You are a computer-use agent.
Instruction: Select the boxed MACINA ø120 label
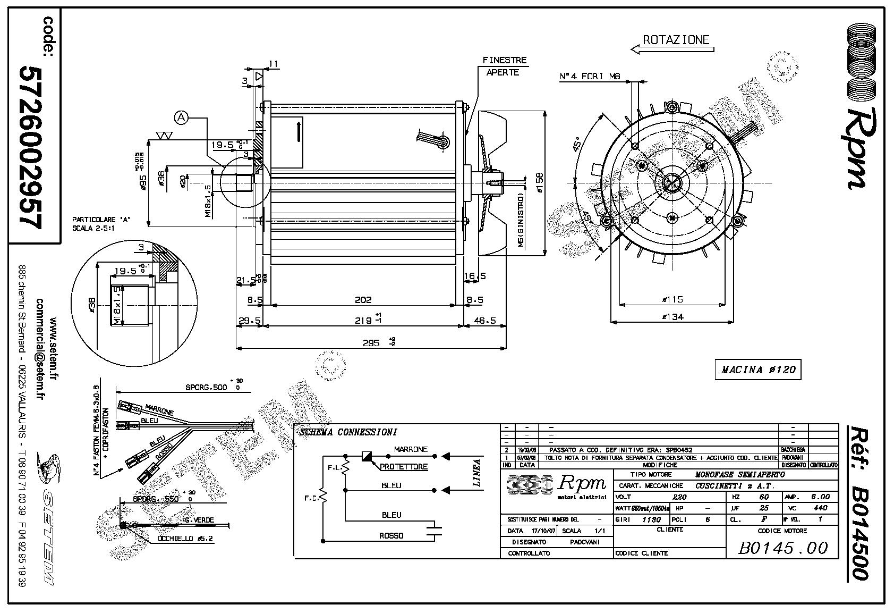[758, 370]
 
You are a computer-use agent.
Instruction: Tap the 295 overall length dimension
[372, 343]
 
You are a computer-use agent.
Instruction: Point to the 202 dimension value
[363, 300]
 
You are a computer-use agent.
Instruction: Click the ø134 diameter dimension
[673, 317]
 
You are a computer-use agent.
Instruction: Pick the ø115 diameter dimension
[672, 299]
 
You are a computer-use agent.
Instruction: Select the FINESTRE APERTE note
[504, 66]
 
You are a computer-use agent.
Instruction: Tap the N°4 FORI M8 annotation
[590, 77]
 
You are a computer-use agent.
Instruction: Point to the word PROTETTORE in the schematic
[404, 467]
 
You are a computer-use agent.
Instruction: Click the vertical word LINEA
[476, 473]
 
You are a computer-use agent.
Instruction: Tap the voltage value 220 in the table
[679, 497]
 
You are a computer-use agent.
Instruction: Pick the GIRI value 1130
[651, 519]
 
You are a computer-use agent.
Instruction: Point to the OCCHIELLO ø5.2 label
[185, 539]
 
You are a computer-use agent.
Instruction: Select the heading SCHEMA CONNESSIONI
[348, 432]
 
